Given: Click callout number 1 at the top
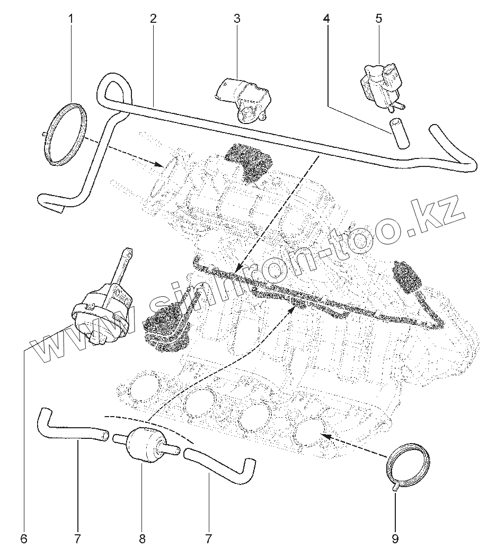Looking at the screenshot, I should point(72,19).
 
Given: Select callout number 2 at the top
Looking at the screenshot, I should point(153,19).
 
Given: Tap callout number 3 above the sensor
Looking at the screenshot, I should point(236,19).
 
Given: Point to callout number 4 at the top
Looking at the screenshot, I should point(326,19).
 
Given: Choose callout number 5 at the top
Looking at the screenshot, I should point(378,19).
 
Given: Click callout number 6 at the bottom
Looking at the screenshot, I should point(23,540).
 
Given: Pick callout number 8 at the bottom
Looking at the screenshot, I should point(142,540).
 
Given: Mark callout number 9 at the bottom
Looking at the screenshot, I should point(395,540).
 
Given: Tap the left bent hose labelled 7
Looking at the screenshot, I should point(69,427).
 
